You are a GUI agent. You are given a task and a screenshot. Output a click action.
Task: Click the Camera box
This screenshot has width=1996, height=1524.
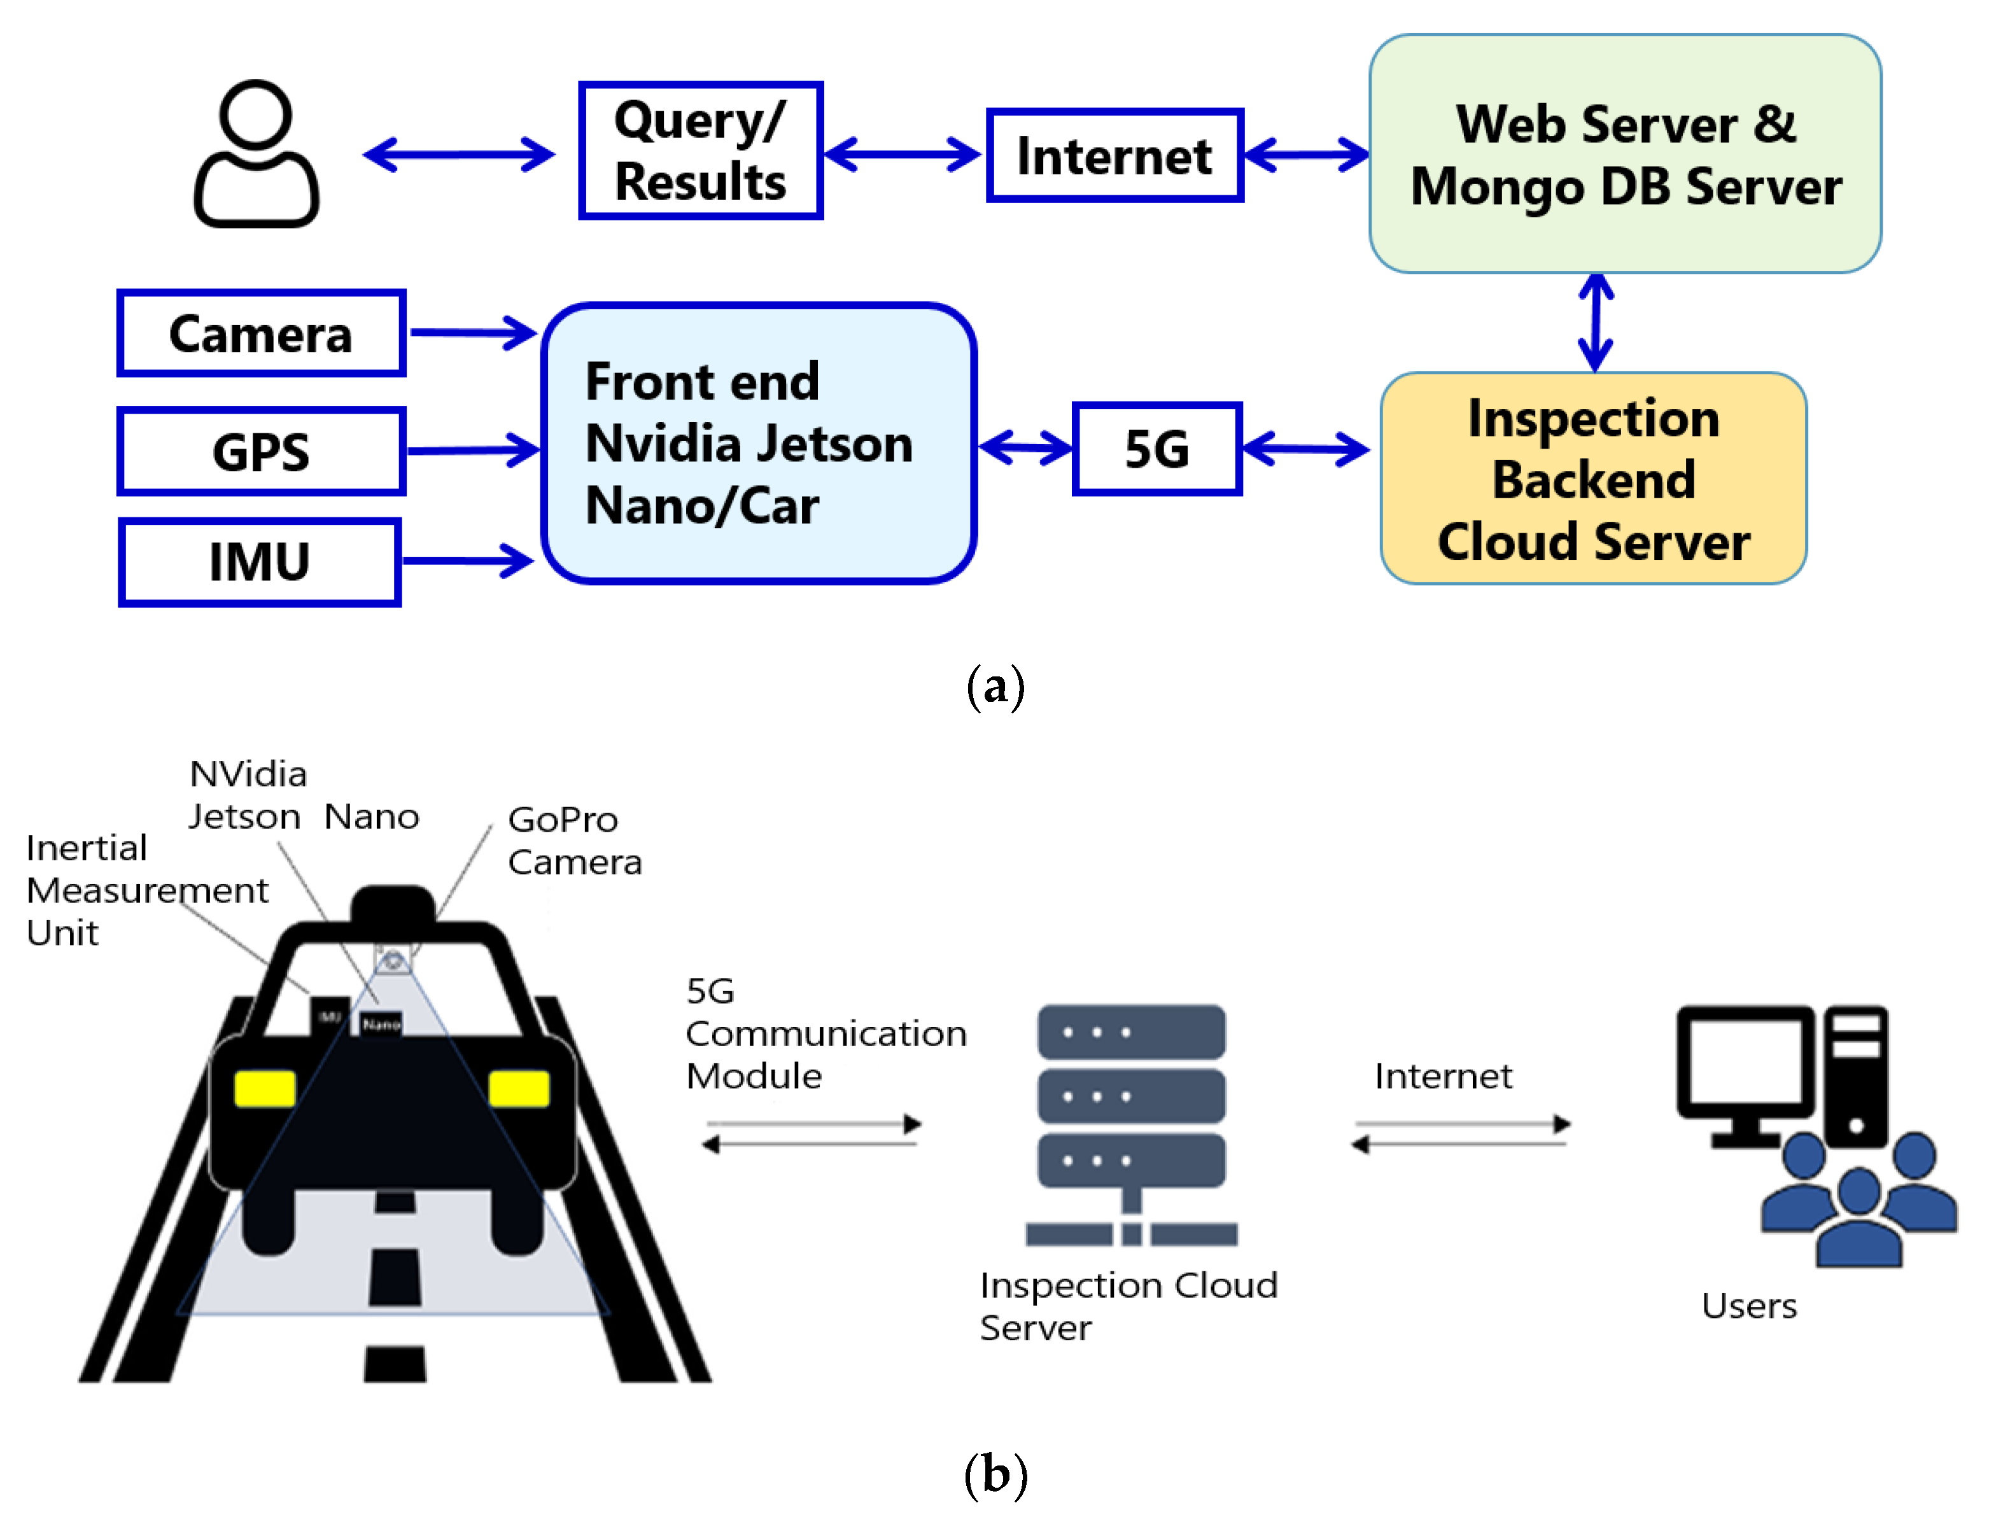click(x=260, y=333)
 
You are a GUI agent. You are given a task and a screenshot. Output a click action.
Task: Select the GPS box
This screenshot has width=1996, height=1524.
click(x=260, y=451)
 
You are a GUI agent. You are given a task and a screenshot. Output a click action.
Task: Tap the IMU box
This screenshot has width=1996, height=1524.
click(x=260, y=561)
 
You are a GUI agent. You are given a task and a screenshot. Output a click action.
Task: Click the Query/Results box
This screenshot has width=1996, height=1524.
click(x=700, y=151)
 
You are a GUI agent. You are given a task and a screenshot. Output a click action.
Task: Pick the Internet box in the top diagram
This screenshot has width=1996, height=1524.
click(x=1114, y=155)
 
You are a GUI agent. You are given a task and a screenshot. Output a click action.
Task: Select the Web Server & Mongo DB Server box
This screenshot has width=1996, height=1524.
click(x=1625, y=154)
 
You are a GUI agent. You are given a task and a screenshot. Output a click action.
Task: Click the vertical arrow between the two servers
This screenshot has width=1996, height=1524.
click(x=1595, y=322)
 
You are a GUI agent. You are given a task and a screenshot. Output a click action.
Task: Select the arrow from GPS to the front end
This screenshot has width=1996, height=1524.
click(x=472, y=450)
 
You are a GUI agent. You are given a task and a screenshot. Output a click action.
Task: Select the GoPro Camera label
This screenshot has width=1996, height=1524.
click(x=574, y=840)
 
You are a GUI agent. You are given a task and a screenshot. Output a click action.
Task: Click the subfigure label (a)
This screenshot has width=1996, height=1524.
click(x=995, y=686)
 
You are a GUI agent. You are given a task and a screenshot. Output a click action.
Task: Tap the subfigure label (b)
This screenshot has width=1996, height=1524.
click(x=995, y=1474)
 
